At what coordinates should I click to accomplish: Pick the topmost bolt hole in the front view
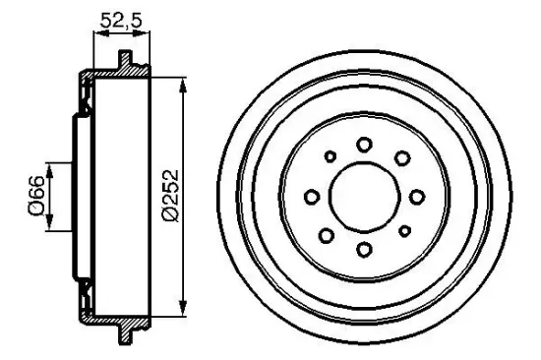coord(364,144)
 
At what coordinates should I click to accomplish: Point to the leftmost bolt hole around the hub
coord(311,197)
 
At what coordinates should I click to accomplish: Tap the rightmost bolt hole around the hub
coord(416,197)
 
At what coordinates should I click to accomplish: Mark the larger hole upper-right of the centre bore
coord(401,157)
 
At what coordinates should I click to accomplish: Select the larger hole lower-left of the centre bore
coord(327,235)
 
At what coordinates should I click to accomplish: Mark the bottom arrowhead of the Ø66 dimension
coord(49,225)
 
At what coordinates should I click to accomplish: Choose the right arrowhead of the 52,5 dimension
coord(149,33)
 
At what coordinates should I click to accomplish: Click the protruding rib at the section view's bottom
coord(125,335)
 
